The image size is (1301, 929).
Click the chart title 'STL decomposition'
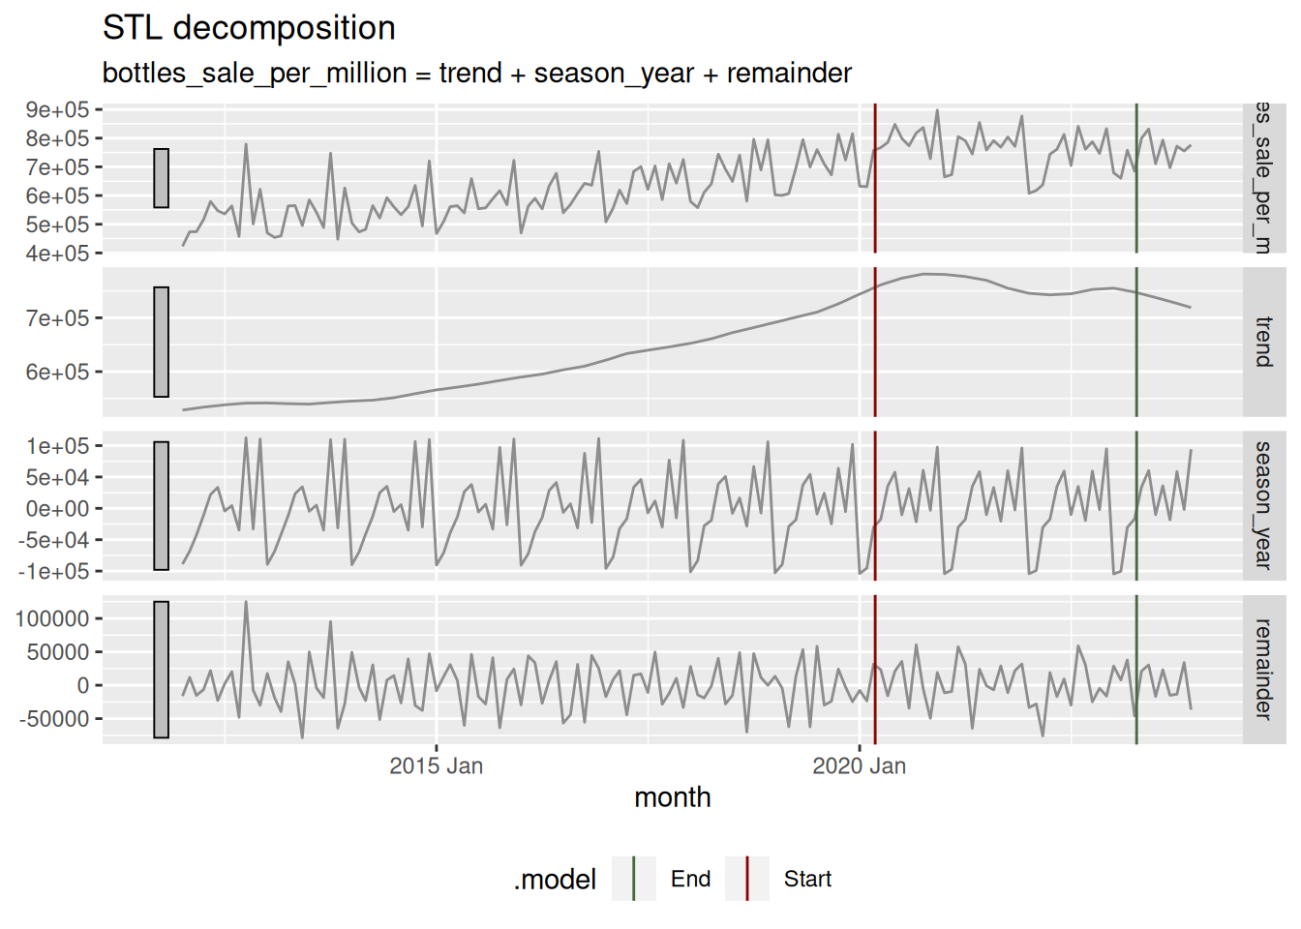249,28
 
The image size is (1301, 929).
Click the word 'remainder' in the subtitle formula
789,74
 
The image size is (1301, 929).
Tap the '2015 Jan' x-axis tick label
436,766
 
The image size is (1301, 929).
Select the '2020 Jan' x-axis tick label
859,766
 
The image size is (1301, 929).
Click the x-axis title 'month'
672,797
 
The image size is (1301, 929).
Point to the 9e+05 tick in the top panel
57,110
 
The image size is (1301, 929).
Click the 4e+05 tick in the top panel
57,254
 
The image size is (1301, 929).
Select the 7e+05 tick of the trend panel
57,318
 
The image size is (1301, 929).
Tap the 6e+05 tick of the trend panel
57,373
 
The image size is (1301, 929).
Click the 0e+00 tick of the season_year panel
57,509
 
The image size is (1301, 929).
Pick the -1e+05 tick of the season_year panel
53,571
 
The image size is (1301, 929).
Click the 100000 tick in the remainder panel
52,619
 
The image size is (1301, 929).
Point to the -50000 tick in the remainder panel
52,719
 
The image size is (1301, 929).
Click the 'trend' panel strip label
1263,342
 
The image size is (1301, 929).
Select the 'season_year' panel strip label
1263,505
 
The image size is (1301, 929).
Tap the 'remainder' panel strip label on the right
1263,669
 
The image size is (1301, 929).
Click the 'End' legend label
690,879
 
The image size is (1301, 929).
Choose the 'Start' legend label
807,879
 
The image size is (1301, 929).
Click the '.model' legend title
555,880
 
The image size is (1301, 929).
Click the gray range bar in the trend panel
161,342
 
